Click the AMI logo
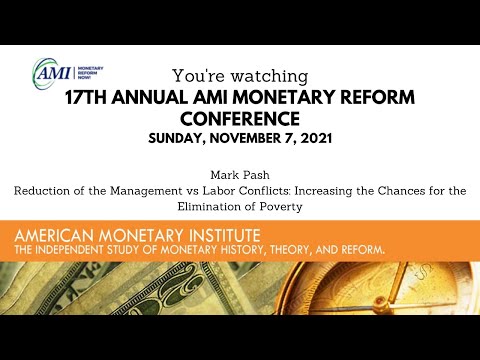68,72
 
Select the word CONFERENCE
240,119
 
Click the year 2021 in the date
316,138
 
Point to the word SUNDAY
176,138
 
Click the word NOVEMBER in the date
245,138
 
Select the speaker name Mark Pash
240,175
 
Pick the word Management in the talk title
146,191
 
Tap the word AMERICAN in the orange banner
54,236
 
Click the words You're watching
240,76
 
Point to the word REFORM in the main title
377,98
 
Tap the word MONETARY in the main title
283,98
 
